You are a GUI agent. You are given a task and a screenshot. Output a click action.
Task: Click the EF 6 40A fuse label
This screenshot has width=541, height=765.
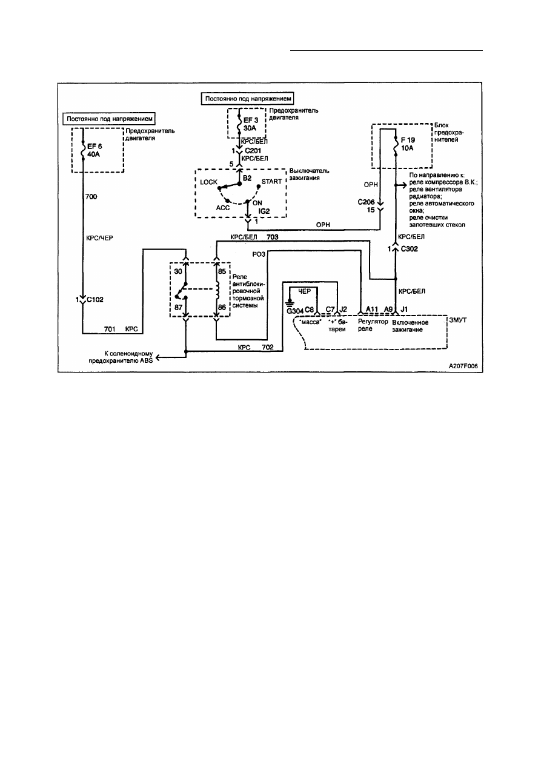[95, 150]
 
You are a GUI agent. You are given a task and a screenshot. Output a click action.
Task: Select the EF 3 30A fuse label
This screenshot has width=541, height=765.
[251, 124]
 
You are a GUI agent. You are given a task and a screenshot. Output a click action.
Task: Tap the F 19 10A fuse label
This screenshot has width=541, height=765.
[408, 144]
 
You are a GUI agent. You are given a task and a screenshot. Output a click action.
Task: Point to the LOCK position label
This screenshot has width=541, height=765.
[208, 182]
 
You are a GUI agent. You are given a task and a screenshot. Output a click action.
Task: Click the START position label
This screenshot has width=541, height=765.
[271, 182]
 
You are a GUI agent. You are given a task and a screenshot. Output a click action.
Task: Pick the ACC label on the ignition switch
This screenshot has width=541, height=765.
[223, 208]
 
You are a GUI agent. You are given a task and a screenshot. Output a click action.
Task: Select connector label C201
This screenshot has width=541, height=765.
[253, 151]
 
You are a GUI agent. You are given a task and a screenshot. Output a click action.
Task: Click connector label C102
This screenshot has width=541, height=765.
[95, 300]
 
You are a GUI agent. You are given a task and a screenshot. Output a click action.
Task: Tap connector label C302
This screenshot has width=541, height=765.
[409, 249]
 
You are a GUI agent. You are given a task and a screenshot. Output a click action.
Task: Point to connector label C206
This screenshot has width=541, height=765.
[366, 202]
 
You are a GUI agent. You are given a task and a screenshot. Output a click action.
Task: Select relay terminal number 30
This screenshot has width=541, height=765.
[178, 271]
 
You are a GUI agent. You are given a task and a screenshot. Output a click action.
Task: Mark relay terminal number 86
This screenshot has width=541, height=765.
[222, 307]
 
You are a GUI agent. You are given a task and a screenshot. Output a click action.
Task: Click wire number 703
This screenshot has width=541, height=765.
[272, 237]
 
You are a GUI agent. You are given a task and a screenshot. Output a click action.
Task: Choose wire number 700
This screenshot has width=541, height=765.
[91, 197]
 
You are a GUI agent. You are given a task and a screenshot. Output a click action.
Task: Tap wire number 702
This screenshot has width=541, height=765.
[268, 347]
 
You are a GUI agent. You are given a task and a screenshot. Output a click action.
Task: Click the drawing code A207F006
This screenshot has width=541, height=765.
[463, 366]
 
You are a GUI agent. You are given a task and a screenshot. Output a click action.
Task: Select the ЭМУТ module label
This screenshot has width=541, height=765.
[457, 320]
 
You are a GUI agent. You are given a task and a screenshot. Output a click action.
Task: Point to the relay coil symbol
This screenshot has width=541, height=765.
[217, 290]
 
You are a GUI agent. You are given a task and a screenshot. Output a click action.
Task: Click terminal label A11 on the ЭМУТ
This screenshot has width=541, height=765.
[372, 310]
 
